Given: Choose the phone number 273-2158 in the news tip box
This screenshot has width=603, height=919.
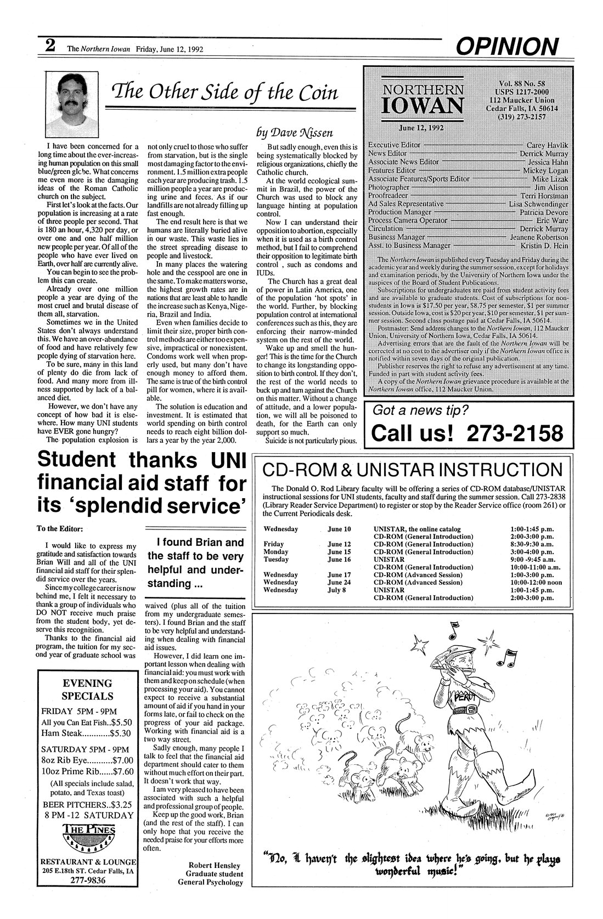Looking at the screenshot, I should coord(514,433).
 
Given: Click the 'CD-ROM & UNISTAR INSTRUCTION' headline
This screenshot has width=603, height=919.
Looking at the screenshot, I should coord(413,470).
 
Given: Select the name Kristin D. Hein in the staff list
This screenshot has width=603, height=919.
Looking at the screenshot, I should coord(545,245).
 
